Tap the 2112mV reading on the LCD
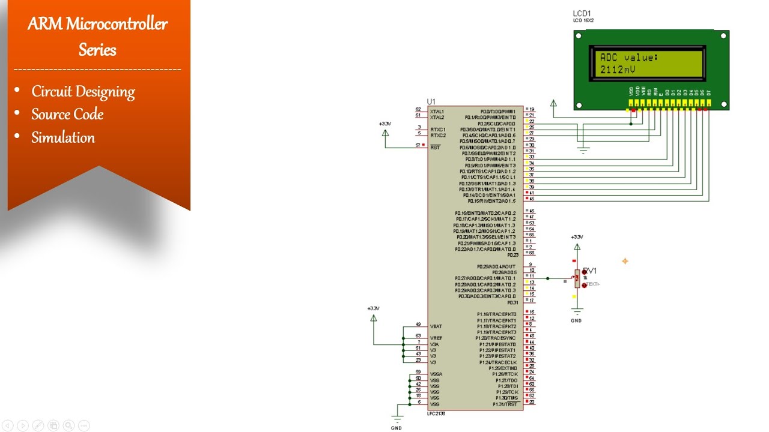pos(618,70)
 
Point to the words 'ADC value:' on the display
pos(629,58)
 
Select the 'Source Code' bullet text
pos(67,114)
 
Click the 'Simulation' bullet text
pos(63,137)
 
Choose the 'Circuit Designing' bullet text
pos(83,91)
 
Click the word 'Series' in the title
pos(97,49)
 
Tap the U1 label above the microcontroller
pos(431,101)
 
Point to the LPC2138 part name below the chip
pos(436,413)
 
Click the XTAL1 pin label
pos(437,111)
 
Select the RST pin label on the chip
pos(436,147)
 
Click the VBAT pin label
pos(436,326)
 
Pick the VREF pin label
pos(437,338)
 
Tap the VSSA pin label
pos(437,374)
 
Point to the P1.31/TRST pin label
pos(505,404)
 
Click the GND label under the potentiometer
pos(576,320)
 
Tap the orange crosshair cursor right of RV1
pos(625,261)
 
